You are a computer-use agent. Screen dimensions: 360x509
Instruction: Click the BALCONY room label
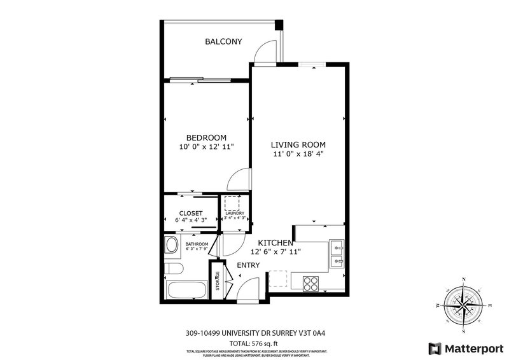tap(223, 42)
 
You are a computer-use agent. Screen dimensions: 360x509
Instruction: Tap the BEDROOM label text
tap(206, 137)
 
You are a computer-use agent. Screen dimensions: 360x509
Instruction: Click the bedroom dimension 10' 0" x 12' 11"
tap(206, 147)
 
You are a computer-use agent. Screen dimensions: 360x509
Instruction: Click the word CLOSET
tap(190, 213)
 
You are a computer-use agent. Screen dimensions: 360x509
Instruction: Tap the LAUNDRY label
tap(235, 212)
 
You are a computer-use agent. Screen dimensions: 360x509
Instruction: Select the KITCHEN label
tap(275, 243)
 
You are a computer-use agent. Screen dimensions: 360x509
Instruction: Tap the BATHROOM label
tap(197, 244)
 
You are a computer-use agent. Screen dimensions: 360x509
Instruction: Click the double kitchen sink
tap(337, 253)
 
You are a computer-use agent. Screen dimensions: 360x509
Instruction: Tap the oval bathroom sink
tap(172, 246)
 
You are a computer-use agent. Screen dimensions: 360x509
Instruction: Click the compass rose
tap(463, 304)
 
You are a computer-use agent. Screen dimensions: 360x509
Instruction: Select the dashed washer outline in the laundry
tap(232, 202)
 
